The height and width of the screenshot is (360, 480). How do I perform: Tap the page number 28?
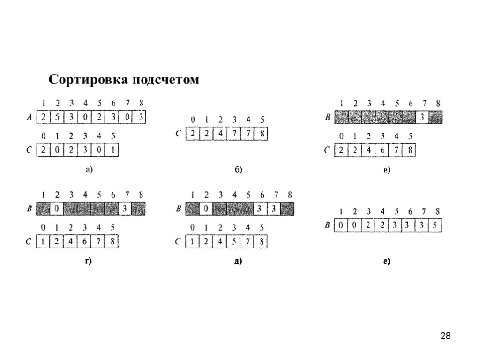point(445,336)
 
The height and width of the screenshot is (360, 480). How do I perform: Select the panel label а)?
point(89,170)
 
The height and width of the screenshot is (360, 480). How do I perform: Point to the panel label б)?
point(238,170)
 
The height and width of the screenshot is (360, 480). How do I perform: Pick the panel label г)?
point(88,262)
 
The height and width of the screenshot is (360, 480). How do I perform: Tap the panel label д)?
point(238,262)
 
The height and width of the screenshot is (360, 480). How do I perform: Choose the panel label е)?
point(386,262)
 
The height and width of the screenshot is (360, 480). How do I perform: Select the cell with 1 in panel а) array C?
point(113,151)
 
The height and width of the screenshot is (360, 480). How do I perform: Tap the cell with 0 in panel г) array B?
point(56,209)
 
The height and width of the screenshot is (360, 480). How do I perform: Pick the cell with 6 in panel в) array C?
point(382,151)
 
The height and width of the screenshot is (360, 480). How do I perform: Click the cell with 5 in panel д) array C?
point(234,242)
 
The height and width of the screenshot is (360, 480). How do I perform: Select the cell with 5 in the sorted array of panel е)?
point(435,226)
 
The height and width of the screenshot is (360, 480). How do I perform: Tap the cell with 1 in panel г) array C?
point(43,242)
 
